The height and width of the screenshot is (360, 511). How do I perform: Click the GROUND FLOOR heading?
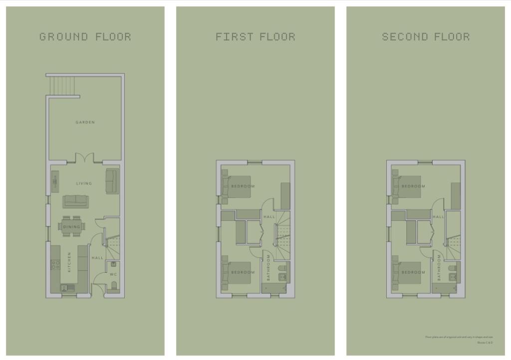(x=85, y=36)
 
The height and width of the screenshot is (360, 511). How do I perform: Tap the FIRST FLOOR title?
(x=255, y=36)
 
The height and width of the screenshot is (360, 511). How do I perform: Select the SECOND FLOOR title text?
(x=426, y=36)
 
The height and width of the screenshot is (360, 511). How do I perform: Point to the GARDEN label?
(x=85, y=122)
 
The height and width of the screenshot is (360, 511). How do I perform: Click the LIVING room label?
(x=84, y=183)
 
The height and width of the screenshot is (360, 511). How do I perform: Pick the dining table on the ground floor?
(x=72, y=226)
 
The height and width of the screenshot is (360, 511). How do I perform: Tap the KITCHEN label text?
(x=69, y=262)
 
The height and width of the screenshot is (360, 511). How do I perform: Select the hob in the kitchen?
(x=55, y=264)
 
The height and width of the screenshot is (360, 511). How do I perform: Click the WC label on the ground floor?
(x=113, y=275)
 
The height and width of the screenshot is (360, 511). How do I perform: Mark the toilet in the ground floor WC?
(x=113, y=286)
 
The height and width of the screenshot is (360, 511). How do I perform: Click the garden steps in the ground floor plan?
(x=63, y=85)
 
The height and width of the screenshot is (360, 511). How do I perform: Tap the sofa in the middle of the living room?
(x=75, y=201)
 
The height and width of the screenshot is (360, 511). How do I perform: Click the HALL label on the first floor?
(x=269, y=217)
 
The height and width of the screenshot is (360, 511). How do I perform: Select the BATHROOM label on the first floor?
(x=268, y=268)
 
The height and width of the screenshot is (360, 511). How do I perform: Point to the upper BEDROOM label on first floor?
(x=243, y=186)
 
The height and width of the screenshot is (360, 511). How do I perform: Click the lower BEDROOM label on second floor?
(x=413, y=272)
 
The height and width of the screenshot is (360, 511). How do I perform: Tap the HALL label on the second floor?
(x=439, y=217)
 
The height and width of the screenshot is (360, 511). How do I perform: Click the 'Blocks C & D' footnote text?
(x=485, y=343)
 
